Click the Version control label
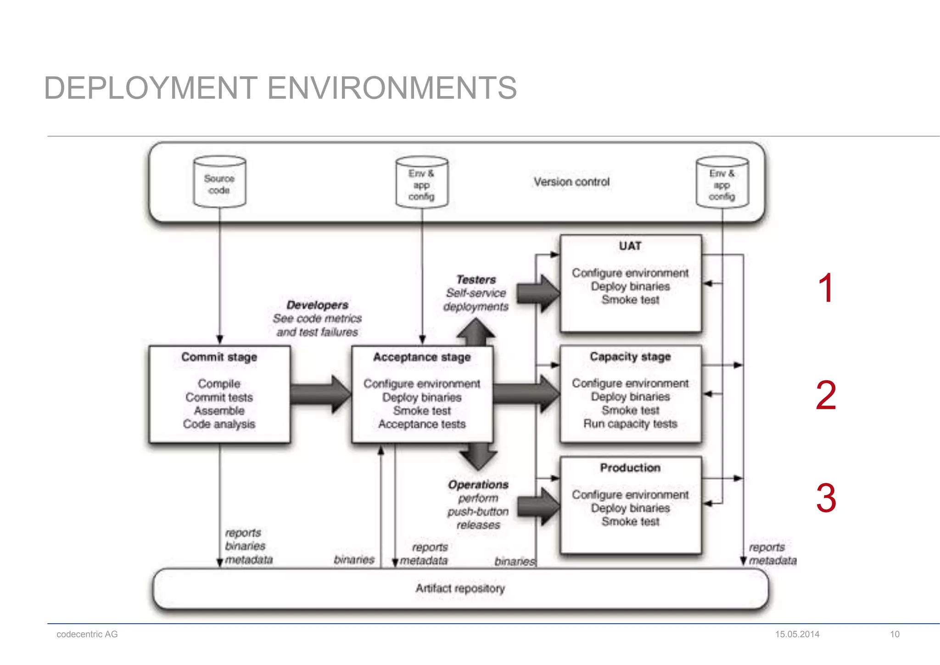click(x=571, y=182)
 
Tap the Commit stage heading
click(x=219, y=357)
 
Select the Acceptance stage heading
click(x=422, y=357)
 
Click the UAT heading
click(x=630, y=246)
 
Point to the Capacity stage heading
click(x=630, y=356)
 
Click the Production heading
click(x=630, y=468)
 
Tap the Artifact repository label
click(x=460, y=588)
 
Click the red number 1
click(x=826, y=288)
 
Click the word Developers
click(x=317, y=305)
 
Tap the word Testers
click(x=476, y=280)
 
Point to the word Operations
click(x=478, y=485)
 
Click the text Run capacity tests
click(x=630, y=423)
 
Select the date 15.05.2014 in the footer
click(x=797, y=634)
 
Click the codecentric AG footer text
click(x=87, y=634)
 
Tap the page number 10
click(x=895, y=634)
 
